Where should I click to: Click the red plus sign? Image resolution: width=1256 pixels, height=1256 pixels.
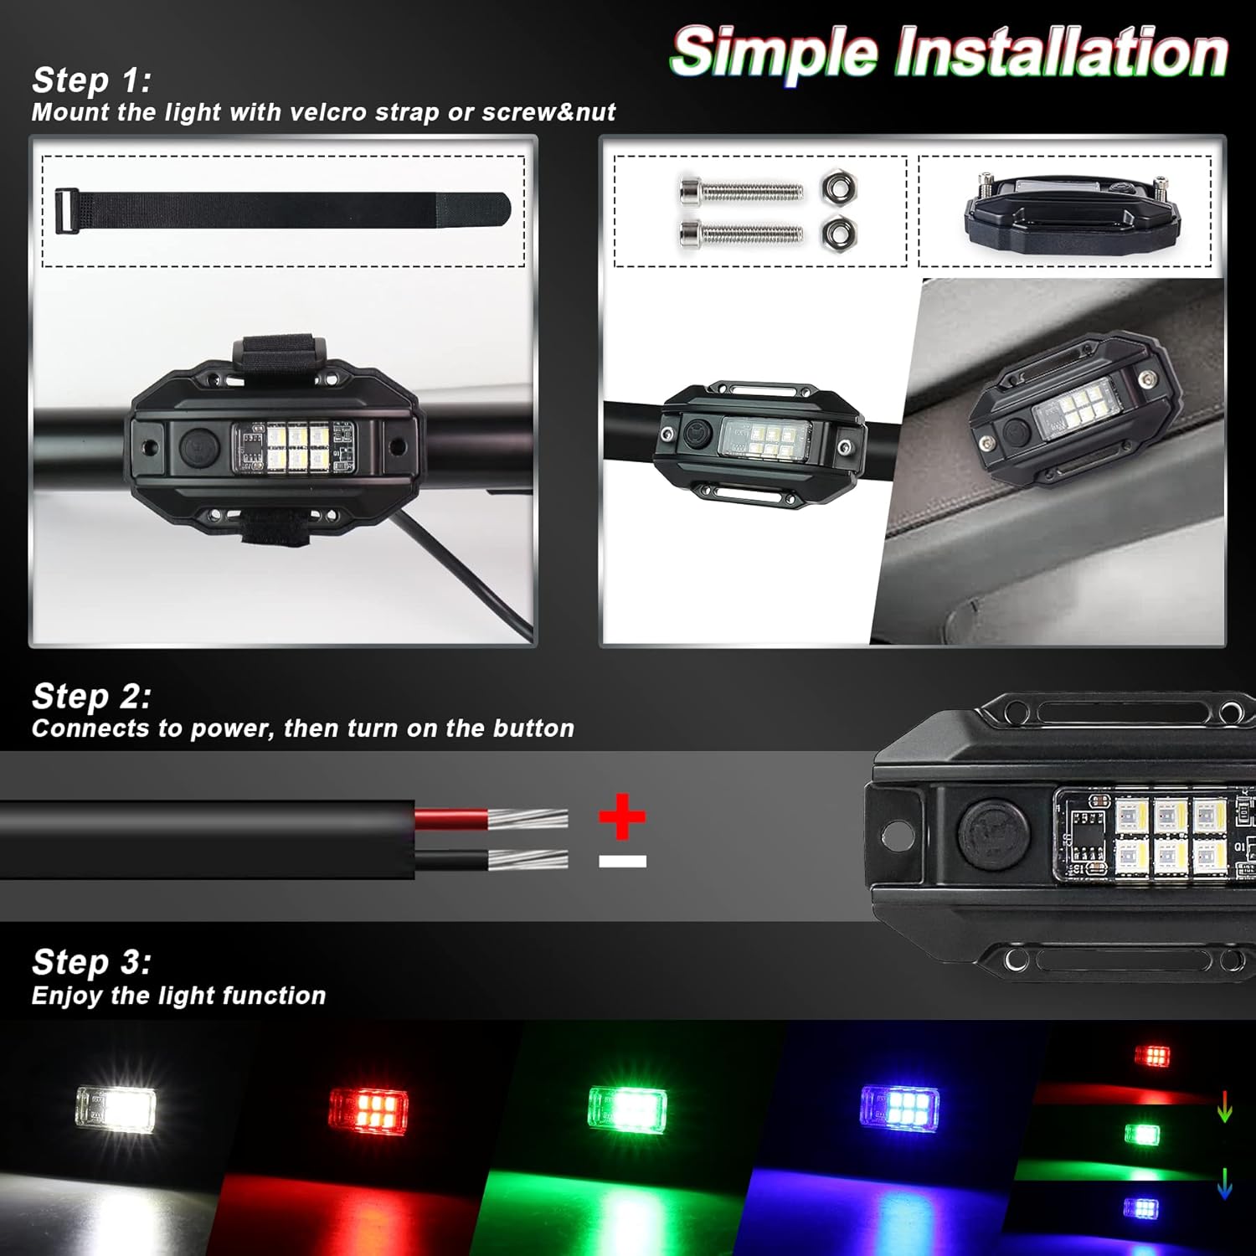(622, 816)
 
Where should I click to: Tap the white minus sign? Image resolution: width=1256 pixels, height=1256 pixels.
(622, 861)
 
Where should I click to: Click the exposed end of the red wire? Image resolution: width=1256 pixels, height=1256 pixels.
(528, 818)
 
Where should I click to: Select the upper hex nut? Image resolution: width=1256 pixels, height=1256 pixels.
(837, 189)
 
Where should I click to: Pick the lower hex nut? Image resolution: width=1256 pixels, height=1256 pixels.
(837, 232)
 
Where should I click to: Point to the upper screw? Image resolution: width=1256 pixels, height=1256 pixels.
(740, 192)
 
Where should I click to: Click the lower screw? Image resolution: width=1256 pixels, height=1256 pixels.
(740, 234)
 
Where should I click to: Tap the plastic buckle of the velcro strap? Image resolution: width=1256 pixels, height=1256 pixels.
(63, 211)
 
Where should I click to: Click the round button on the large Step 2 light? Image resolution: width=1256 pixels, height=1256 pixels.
(995, 834)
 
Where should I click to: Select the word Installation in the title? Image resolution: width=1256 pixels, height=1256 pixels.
(1062, 53)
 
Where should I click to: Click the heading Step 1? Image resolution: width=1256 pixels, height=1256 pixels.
(91, 80)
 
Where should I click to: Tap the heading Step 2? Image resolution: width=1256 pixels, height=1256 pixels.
(91, 697)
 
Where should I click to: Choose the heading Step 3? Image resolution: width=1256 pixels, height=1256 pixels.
(91, 962)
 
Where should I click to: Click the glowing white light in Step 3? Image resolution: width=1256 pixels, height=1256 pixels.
(116, 1109)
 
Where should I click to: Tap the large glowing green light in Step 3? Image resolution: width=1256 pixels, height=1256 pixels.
(627, 1109)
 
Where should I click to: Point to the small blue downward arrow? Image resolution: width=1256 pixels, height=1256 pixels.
(1224, 1182)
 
